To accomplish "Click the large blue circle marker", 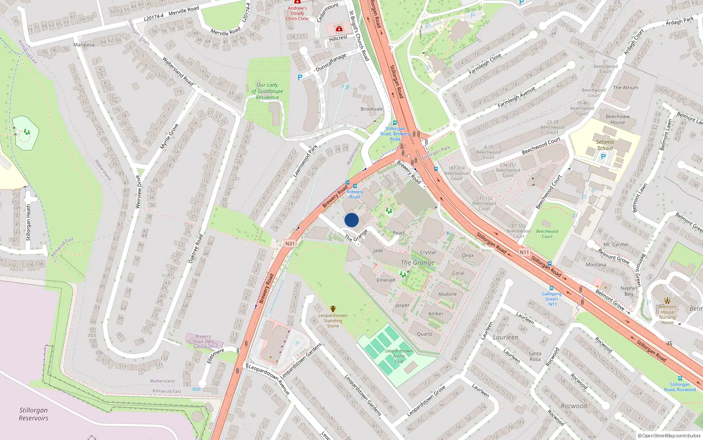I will click(351, 220).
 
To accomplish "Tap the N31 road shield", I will click(290, 243).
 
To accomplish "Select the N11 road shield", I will click(524, 252).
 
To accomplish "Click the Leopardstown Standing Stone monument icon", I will click(333, 309).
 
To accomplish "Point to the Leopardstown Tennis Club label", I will click(399, 356).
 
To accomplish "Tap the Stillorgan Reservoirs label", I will click(33, 414).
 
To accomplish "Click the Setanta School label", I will click(605, 145).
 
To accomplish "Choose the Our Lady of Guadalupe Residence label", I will click(267, 91).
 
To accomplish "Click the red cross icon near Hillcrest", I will click(339, 29).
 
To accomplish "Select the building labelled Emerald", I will click(385, 280).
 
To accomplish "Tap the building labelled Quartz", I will click(424, 334).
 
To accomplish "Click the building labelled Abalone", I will click(447, 294).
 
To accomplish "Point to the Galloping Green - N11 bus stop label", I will click(551, 299).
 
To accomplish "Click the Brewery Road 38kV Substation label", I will click(203, 341).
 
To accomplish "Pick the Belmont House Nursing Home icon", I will click(667, 301).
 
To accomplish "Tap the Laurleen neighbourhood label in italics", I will click(505, 337).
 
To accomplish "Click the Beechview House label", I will click(617, 119).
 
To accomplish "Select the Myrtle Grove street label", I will click(169, 136).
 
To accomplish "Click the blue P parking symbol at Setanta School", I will click(603, 156).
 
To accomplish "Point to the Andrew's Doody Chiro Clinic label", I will click(297, 13).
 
